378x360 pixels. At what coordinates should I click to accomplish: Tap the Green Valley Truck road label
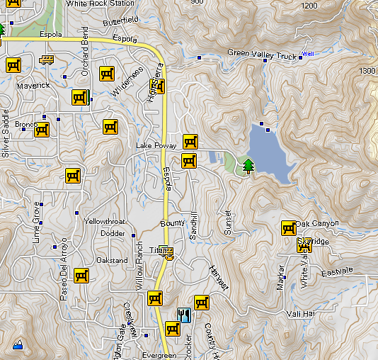click(x=262, y=55)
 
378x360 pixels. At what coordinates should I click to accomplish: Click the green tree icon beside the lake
click(x=248, y=166)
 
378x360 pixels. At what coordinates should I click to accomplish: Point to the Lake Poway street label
click(x=151, y=146)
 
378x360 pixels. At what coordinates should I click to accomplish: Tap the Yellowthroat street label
click(x=105, y=221)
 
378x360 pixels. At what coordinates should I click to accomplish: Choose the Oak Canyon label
click(x=317, y=224)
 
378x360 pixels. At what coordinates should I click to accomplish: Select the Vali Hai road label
click(x=300, y=313)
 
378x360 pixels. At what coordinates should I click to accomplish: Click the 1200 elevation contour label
click(x=309, y=6)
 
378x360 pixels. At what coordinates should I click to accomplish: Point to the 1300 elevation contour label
click(x=367, y=72)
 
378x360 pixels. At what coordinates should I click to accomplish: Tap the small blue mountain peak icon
click(x=18, y=345)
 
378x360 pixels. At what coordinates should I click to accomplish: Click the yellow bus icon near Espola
click(x=47, y=60)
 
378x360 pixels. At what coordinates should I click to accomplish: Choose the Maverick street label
click(x=33, y=86)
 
